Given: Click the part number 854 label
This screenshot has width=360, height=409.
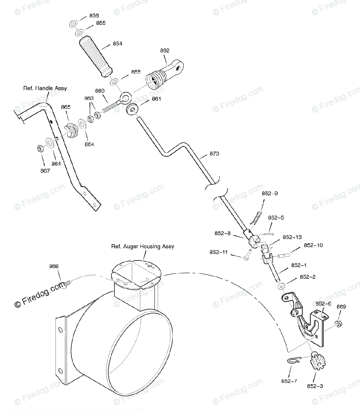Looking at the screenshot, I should [118, 44].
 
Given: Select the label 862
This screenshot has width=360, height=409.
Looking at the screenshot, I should [165, 50].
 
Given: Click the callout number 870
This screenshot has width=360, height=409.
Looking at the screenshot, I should [214, 154].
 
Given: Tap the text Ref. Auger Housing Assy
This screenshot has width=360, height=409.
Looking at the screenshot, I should [142, 246].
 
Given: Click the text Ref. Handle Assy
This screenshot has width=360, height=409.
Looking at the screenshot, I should [45, 88].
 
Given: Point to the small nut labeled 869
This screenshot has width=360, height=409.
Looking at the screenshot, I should [339, 322].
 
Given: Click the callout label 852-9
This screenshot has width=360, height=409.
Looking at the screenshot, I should [270, 193].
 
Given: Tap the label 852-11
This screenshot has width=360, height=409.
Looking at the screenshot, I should [219, 252].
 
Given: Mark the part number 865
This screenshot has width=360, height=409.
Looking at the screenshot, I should [66, 107].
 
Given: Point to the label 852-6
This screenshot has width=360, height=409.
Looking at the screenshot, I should [323, 304].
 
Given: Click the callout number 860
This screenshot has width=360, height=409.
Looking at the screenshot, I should [100, 91].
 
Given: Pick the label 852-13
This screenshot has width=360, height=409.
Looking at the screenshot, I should [292, 237].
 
